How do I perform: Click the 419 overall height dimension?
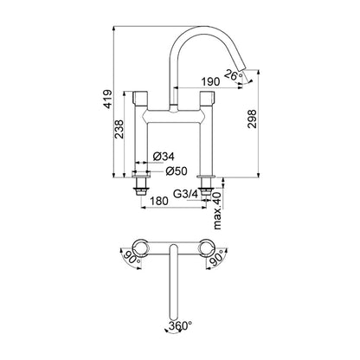click(107, 100)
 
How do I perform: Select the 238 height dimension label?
click(119, 129)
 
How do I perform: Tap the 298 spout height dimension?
click(252, 119)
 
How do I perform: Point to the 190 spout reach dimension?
click(210, 81)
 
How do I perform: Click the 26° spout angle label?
click(234, 74)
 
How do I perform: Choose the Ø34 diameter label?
click(164, 157)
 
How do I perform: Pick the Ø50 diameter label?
click(177, 171)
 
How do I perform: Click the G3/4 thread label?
click(186, 194)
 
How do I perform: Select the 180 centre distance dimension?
click(158, 201)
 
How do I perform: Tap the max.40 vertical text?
click(217, 210)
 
